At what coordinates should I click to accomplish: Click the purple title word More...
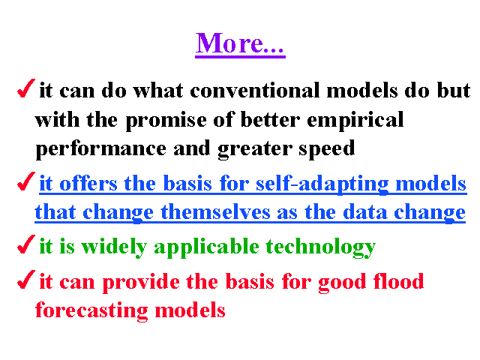[240, 43]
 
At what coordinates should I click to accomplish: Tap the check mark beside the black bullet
[26, 88]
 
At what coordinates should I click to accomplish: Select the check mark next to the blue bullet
[26, 181]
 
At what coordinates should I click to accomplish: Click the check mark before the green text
[26, 244]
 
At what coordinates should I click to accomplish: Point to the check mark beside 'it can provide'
[26, 280]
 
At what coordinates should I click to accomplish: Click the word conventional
[255, 90]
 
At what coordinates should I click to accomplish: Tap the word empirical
[355, 120]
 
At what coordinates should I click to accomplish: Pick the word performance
[101, 149]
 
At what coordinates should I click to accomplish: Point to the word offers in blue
[88, 183]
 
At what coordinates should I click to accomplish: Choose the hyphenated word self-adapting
[322, 184]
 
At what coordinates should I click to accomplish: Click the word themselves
[215, 211]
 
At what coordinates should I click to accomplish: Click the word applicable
[207, 247]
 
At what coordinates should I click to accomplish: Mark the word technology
[320, 247]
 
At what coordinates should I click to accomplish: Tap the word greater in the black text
[255, 150]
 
